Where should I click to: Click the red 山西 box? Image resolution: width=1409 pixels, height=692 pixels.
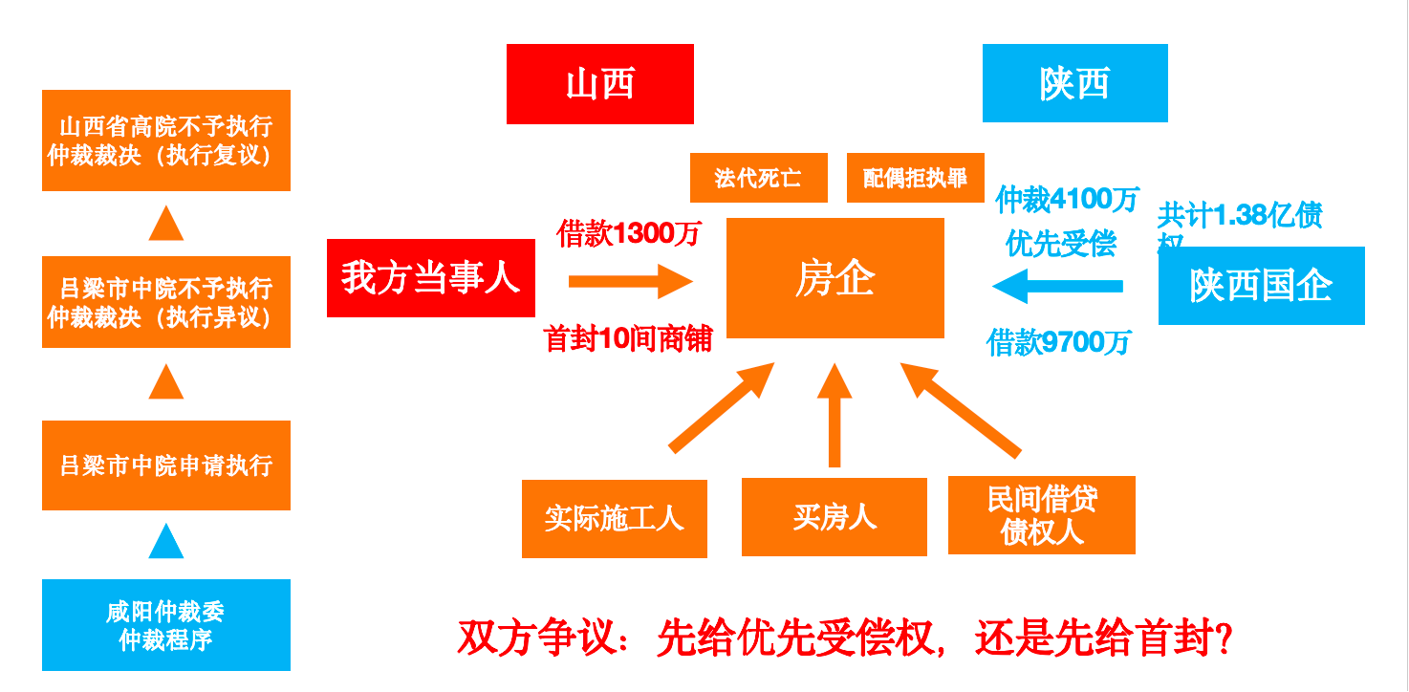(599, 84)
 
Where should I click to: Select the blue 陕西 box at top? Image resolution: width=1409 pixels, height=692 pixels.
(1074, 83)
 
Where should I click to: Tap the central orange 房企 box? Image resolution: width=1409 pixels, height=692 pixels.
(835, 278)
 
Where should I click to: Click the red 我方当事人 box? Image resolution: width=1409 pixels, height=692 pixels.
(430, 278)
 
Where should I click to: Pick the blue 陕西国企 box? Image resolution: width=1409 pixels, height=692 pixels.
(1261, 286)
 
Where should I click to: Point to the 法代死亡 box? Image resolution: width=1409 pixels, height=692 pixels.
(758, 178)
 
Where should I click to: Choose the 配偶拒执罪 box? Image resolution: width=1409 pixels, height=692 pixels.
(915, 178)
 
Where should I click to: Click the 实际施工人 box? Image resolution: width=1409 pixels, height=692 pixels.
(614, 518)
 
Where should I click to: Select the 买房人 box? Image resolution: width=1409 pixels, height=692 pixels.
(834, 517)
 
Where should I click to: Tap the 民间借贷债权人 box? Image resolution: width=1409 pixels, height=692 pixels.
(1041, 515)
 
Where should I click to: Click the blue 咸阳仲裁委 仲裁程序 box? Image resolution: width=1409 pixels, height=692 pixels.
(165, 625)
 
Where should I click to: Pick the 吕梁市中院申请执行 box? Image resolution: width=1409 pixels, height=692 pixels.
(165, 465)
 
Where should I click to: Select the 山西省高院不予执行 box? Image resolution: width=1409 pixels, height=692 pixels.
(165, 141)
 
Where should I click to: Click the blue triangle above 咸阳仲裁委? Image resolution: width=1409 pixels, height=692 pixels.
(165, 541)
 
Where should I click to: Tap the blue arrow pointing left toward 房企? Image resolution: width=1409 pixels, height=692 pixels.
(1056, 286)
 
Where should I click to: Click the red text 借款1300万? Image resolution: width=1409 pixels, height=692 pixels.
(629, 233)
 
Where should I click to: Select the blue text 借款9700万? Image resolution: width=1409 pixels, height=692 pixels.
(1058, 342)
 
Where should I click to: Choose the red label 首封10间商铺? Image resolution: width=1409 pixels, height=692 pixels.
(628, 338)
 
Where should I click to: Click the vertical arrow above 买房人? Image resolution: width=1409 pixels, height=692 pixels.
(835, 416)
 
